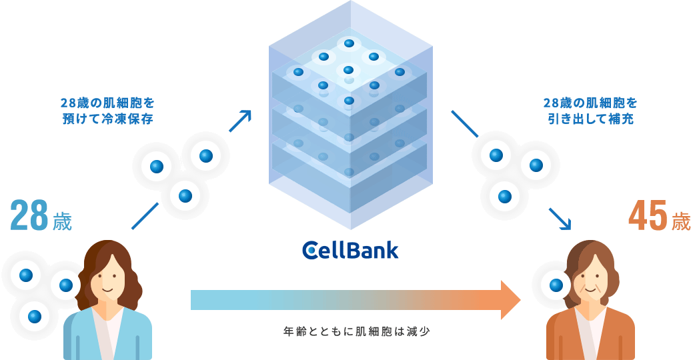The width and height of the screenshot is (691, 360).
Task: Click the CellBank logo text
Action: click(x=351, y=250)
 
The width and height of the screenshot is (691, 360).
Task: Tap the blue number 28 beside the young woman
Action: click(x=29, y=216)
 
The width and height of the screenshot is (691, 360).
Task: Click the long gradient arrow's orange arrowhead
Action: click(x=510, y=300)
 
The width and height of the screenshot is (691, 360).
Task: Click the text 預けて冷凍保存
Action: click(x=107, y=119)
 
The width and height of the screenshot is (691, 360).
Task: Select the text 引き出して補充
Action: click(x=590, y=119)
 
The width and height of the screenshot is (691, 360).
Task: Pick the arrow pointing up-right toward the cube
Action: click(x=240, y=121)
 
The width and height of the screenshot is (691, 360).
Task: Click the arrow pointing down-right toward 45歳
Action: click(x=560, y=219)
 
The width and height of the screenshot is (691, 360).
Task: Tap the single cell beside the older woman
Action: click(x=556, y=285)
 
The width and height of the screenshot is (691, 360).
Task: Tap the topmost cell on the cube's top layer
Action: click(x=349, y=43)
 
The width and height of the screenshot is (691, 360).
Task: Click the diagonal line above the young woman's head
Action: click(x=145, y=216)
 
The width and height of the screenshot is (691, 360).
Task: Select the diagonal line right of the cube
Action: click(x=464, y=124)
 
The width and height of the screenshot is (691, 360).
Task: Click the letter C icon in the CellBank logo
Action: click(x=311, y=251)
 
